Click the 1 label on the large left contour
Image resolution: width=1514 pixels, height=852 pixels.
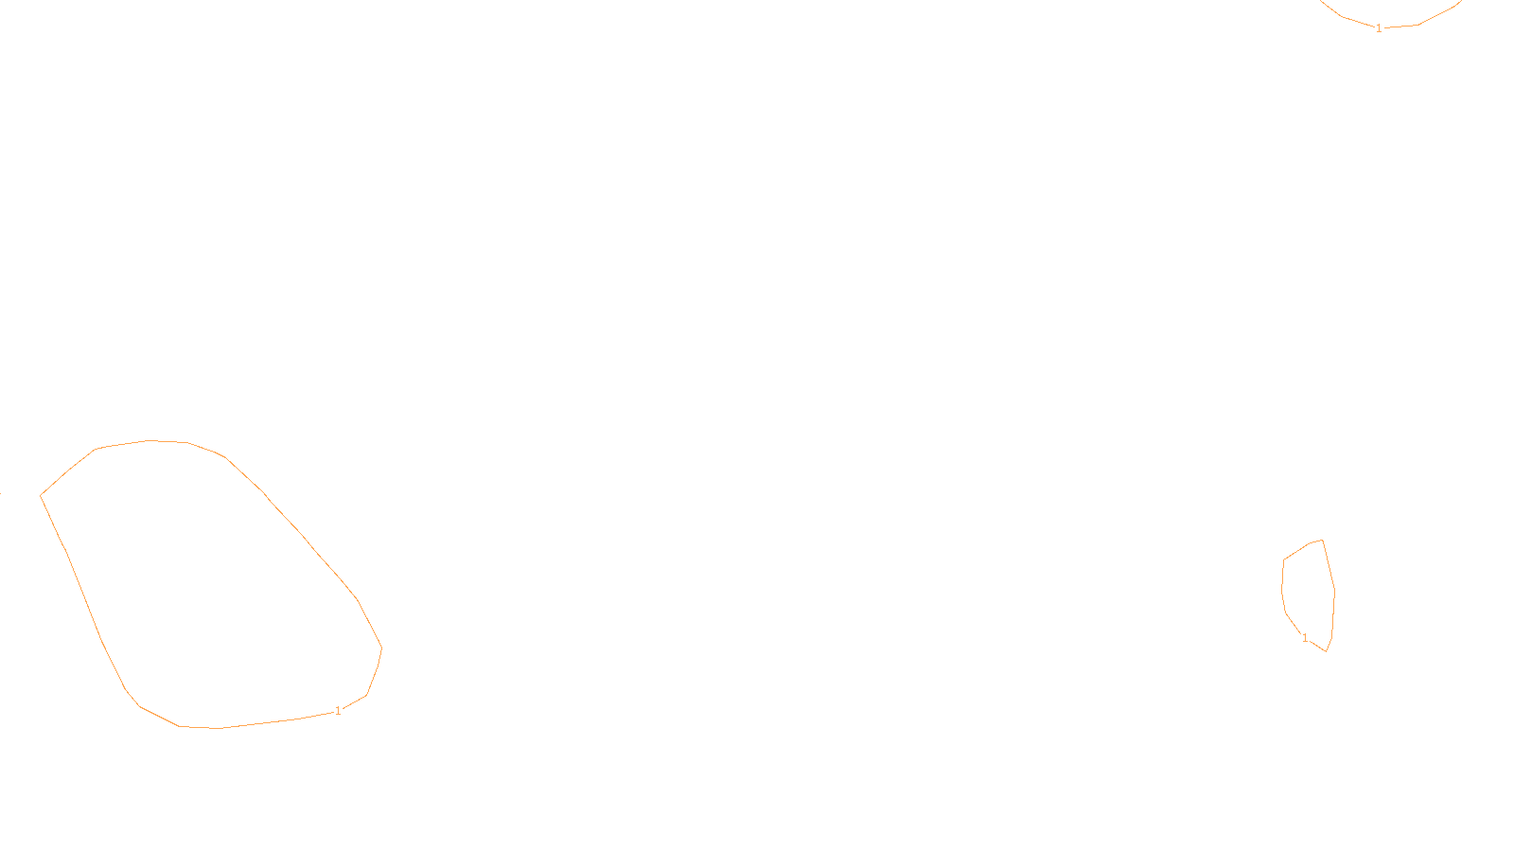(338, 711)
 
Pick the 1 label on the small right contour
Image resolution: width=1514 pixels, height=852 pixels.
(1305, 638)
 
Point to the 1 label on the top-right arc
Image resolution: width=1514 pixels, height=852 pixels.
(1379, 28)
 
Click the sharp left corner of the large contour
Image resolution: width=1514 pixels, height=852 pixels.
(41, 495)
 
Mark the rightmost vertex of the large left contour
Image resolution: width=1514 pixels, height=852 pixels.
(381, 648)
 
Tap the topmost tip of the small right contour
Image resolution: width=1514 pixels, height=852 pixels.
(1322, 541)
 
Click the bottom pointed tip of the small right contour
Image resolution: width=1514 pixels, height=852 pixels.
(1327, 650)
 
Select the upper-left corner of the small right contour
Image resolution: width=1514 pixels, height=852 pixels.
(1283, 559)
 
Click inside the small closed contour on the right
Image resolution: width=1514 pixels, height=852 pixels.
(1309, 592)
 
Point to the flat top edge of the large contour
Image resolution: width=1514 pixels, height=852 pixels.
(151, 441)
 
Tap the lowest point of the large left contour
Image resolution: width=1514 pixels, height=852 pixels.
(220, 728)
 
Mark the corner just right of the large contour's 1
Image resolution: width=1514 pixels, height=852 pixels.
(366, 696)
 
